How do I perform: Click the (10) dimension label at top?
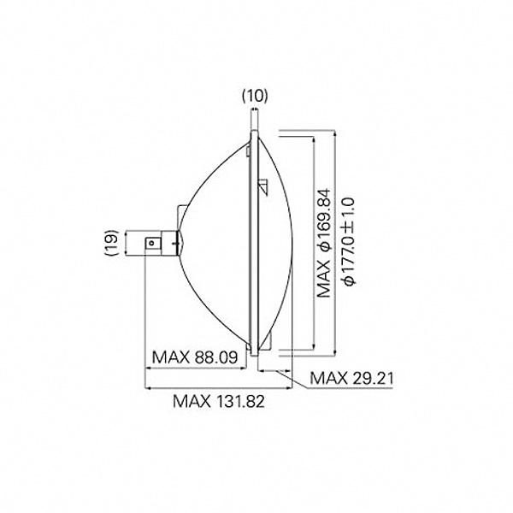point(255,96)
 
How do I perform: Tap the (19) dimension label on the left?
point(112,243)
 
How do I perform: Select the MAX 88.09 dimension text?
point(195,357)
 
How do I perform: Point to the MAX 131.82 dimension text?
point(219,401)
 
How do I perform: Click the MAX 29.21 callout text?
point(351,378)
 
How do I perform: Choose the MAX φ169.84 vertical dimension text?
point(324,243)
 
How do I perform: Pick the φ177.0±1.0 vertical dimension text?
point(348,241)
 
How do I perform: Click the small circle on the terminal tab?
point(151,243)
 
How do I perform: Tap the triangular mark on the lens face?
point(263,187)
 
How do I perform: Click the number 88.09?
point(216,357)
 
